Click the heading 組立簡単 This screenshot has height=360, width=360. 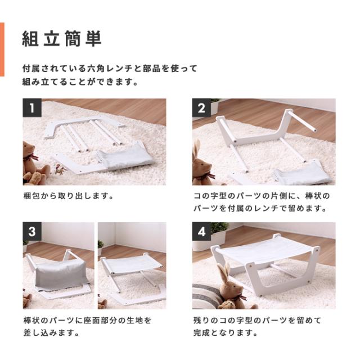point(62,39)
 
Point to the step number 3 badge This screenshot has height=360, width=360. point(32,232)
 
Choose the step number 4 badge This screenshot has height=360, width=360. point(201,232)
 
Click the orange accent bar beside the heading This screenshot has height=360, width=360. point(2,49)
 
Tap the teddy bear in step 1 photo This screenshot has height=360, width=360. point(33,163)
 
